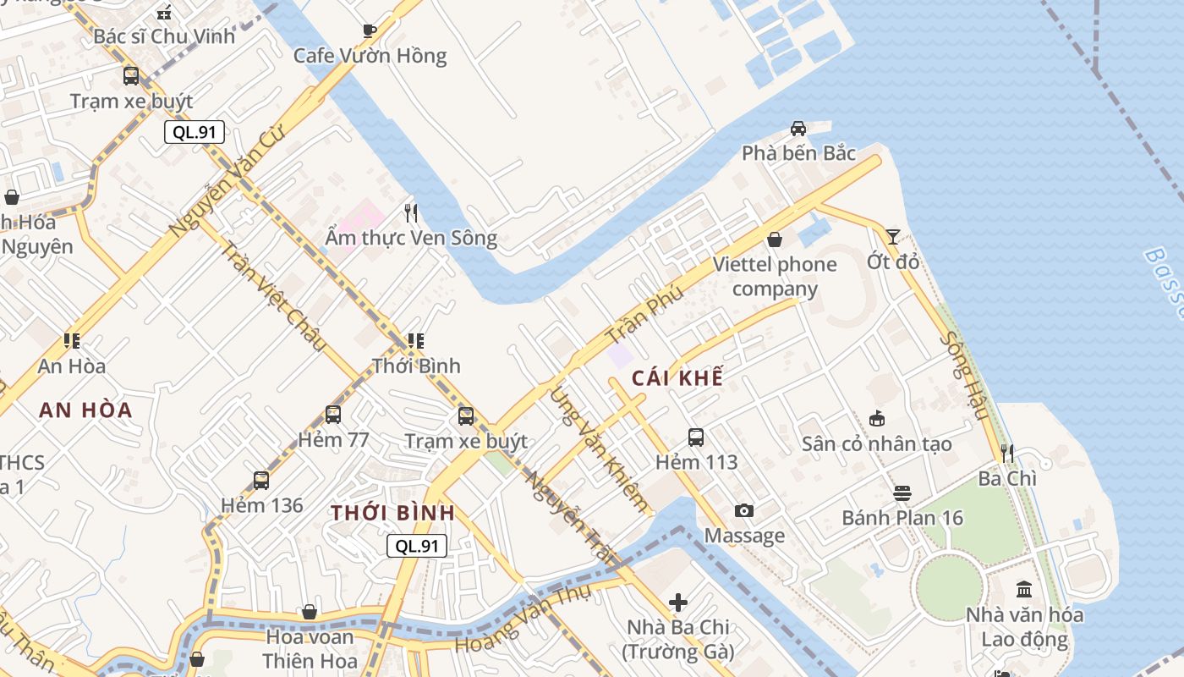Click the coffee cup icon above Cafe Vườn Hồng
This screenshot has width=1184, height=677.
(370, 31)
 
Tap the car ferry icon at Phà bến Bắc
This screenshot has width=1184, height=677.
(798, 129)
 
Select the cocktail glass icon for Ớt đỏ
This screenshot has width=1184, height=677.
(893, 237)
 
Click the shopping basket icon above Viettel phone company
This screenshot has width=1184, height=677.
(774, 239)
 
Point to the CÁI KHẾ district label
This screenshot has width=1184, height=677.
(677, 378)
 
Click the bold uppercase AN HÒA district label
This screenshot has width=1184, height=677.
(85, 410)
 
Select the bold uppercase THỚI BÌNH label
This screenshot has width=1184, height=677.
(392, 513)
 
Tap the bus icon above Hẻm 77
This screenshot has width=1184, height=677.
(333, 415)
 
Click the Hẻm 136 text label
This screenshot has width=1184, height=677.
(261, 506)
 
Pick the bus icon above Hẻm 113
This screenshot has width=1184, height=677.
(696, 438)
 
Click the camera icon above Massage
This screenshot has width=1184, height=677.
(744, 510)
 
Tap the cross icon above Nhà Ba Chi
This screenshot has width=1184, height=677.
(678, 603)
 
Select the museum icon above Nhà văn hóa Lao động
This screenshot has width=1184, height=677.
(1024, 589)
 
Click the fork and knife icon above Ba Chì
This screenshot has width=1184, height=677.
(1007, 454)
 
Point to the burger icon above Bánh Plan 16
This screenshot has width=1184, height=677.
(902, 493)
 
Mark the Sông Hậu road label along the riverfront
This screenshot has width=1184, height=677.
(964, 376)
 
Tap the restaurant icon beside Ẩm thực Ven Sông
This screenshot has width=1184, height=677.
(411, 212)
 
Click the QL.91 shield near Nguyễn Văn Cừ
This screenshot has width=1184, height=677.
(195, 132)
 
